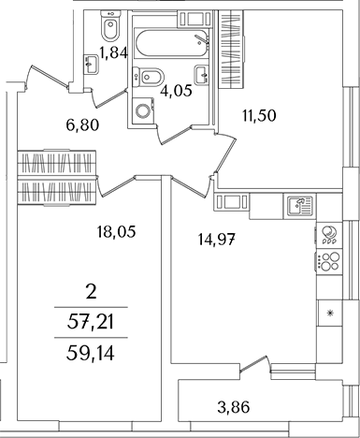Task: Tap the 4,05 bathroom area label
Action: pos(176,92)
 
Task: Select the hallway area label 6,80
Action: pos(82,123)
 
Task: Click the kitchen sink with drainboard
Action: pos(296,206)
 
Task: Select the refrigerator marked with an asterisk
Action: pos(328,314)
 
